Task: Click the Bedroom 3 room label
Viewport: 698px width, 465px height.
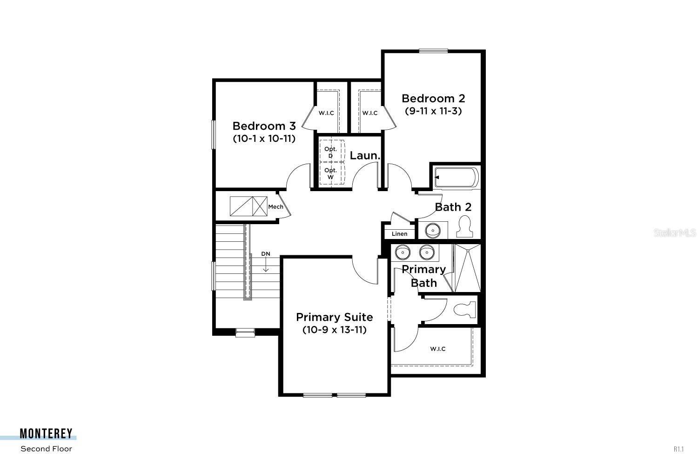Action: (264, 126)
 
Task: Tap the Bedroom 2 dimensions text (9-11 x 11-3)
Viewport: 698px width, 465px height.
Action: (433, 111)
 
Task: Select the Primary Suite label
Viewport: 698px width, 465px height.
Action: (334, 317)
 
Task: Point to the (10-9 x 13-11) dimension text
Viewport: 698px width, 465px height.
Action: (334, 330)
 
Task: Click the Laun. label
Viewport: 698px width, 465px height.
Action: (365, 156)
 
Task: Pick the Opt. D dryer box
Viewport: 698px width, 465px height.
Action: (331, 152)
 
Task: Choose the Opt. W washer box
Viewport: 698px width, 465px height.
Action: (331, 173)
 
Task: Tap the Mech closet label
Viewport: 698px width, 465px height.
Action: (275, 206)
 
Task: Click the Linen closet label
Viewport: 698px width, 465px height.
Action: (399, 234)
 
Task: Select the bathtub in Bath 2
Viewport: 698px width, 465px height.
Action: (456, 178)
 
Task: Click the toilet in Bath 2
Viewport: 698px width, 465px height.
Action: (464, 226)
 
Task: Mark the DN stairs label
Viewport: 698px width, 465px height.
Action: (265, 254)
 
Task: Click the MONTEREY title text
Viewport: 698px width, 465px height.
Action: (46, 434)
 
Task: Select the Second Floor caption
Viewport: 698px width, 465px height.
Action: (46, 449)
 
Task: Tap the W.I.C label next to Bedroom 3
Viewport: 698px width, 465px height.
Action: (326, 113)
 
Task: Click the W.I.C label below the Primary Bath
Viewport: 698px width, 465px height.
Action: (437, 349)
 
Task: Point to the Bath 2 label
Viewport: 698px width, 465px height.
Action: (453, 207)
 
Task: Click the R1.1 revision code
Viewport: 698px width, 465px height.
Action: (678, 449)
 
